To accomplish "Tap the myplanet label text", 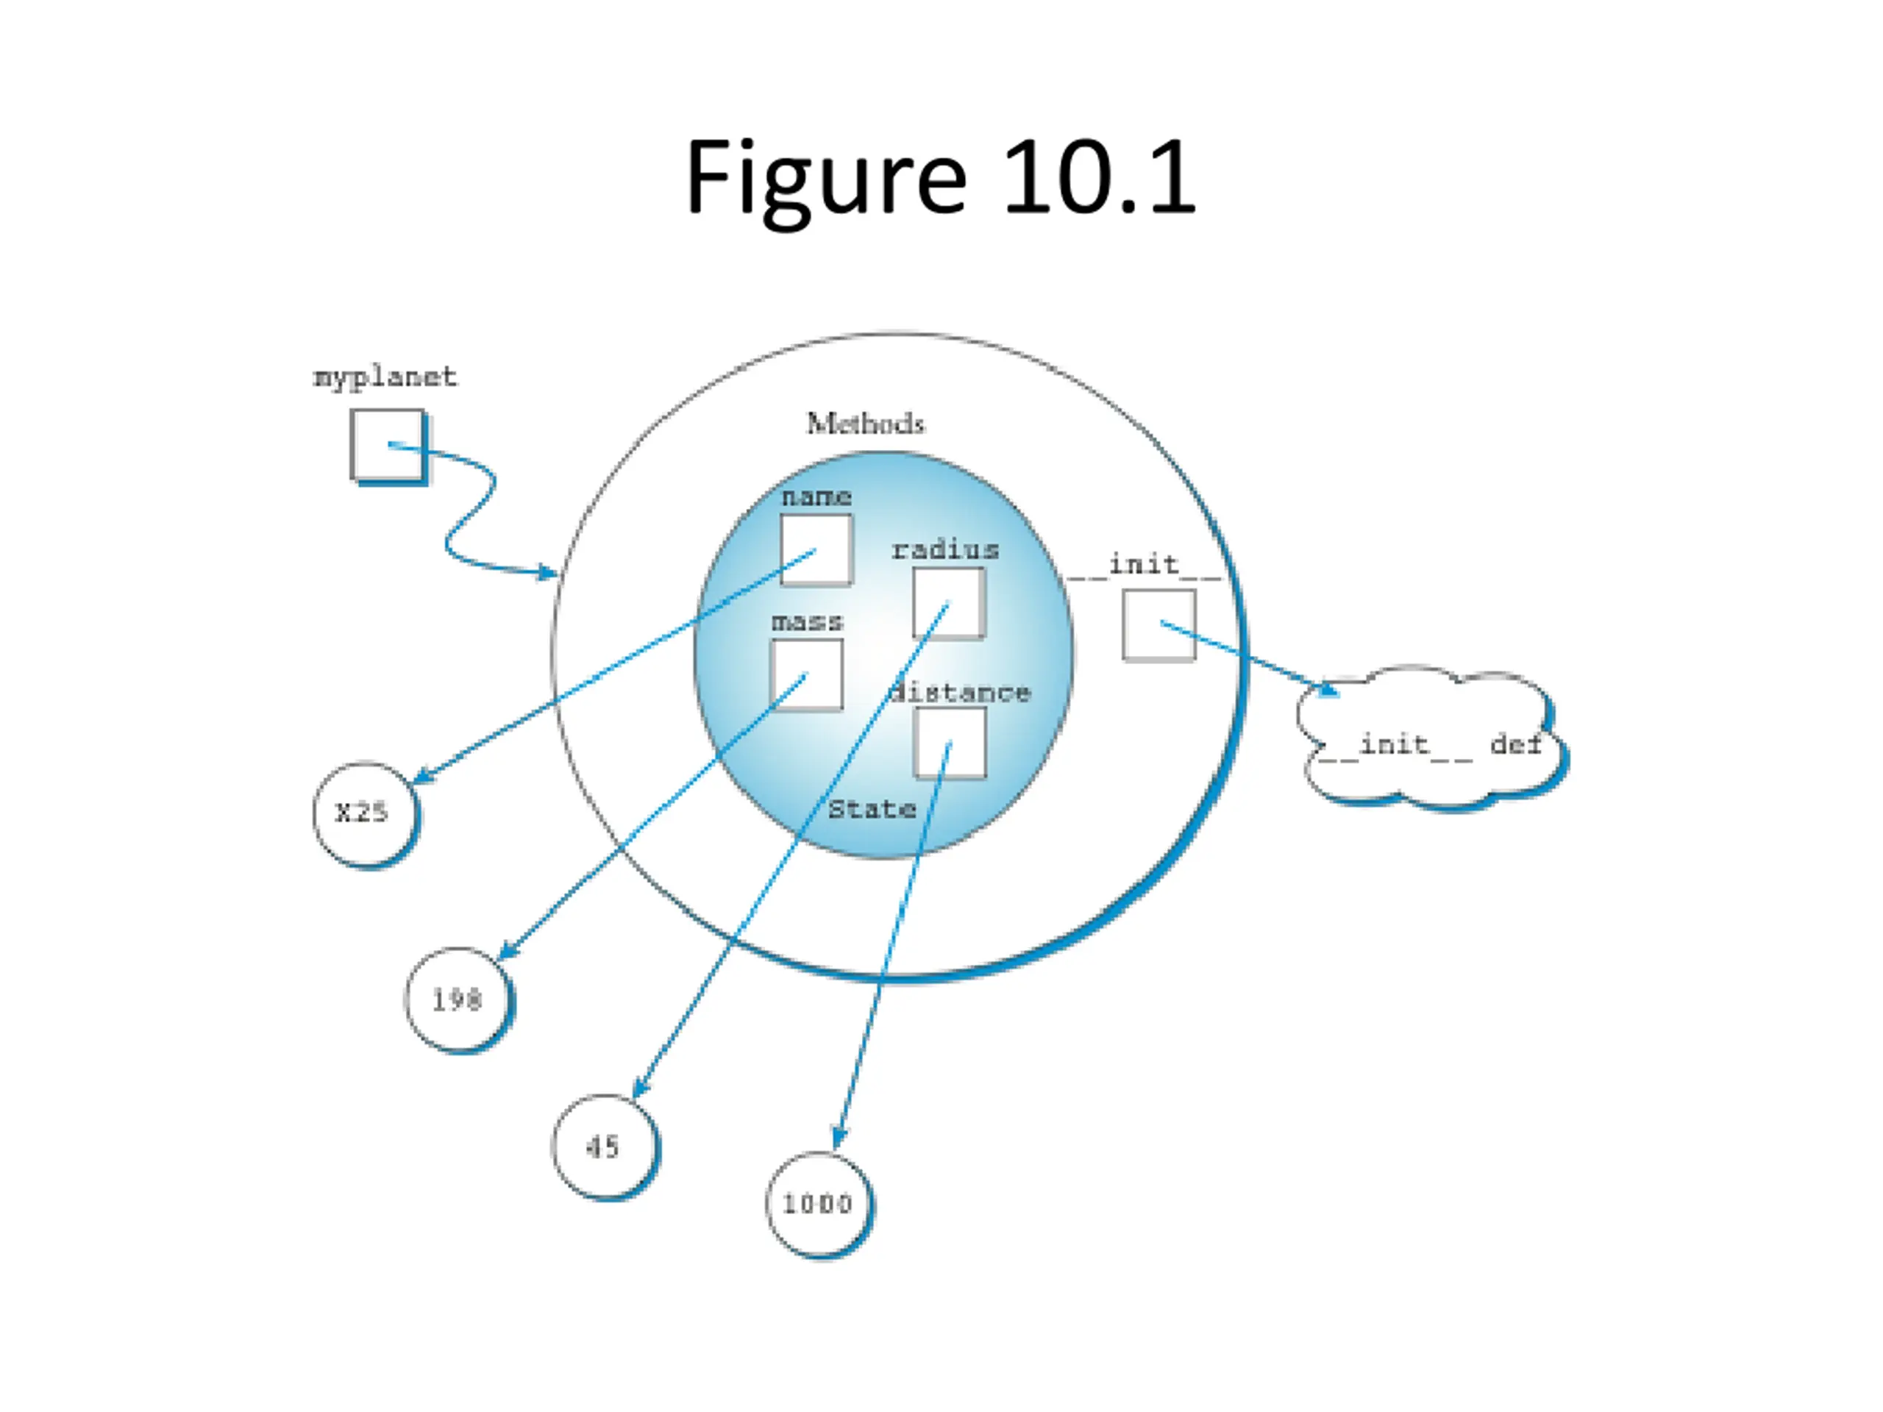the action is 385,377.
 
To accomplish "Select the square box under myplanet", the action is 388,447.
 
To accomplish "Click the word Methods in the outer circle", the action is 866,423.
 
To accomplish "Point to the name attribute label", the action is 816,497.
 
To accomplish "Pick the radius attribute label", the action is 946,550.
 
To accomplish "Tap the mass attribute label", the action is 807,622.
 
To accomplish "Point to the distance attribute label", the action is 959,693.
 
